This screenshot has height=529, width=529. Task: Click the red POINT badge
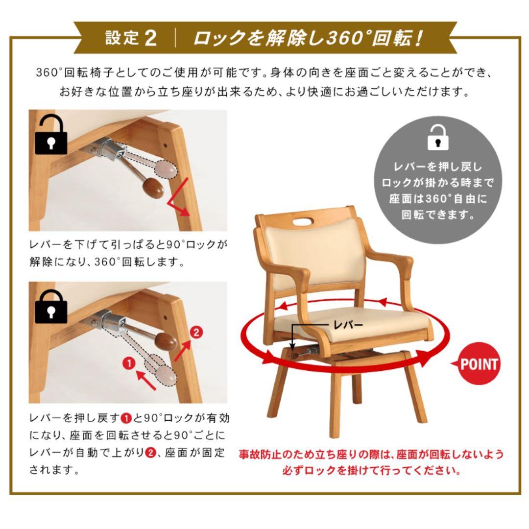point(479,364)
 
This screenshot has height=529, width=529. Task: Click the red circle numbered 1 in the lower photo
point(128,363)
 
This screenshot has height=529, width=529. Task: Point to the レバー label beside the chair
point(348,324)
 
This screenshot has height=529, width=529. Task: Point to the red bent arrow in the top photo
point(179,198)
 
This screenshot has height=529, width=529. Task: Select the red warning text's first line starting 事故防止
point(371,454)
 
